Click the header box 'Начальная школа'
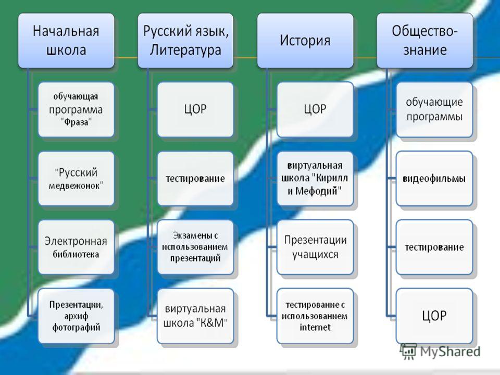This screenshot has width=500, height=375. click(66, 41)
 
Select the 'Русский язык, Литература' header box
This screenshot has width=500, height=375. click(185, 41)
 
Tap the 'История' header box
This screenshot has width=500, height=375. click(305, 41)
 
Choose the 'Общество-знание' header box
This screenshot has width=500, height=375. click(425, 41)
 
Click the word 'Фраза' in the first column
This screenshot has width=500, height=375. click(76, 122)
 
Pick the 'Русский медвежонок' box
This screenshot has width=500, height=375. click(76, 179)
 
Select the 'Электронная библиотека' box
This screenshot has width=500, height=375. click(76, 247)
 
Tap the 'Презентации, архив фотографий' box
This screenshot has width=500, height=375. click(76, 316)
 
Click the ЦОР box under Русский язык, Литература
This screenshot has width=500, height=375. click(195, 110)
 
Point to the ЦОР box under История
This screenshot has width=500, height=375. click(315, 110)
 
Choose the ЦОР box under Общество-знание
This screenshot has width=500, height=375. click(434, 316)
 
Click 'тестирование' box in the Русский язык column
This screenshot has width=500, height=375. click(195, 179)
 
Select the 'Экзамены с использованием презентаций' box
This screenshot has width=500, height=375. click(195, 247)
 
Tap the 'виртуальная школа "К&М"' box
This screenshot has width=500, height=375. click(195, 316)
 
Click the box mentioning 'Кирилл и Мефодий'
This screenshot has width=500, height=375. click(315, 179)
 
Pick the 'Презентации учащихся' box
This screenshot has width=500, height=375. click(315, 247)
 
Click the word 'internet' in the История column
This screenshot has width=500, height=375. click(315, 327)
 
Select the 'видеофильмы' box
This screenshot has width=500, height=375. click(434, 179)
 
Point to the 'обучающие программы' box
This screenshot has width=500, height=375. click(434, 110)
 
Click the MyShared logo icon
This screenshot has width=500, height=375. click(408, 351)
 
